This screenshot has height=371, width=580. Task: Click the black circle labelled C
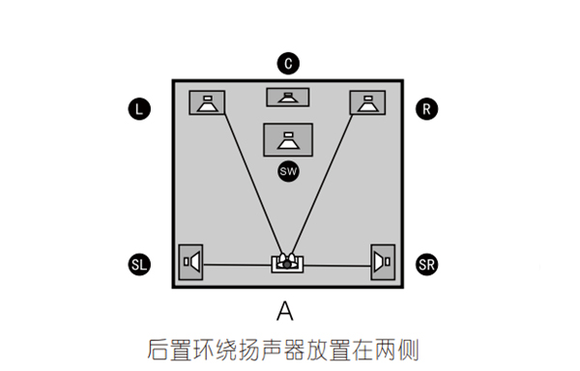(x=287, y=64)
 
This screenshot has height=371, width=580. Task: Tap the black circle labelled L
(x=139, y=109)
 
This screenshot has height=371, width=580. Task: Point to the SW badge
(x=287, y=171)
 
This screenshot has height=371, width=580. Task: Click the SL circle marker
(x=139, y=264)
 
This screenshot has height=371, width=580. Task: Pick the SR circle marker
(x=426, y=264)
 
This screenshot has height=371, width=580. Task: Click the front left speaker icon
(x=207, y=102)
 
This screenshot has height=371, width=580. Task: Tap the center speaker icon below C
(x=287, y=97)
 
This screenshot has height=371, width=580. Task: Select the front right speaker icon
(x=367, y=102)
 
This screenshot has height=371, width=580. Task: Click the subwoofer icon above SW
(x=287, y=139)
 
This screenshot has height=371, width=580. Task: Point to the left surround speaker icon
(x=191, y=261)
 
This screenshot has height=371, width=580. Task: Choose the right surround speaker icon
(x=384, y=261)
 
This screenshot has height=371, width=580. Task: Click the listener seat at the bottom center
(x=286, y=262)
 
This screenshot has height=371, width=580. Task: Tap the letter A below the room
(x=284, y=311)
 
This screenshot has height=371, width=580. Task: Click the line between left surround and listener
(x=237, y=264)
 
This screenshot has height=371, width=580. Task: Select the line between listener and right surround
(x=336, y=263)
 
